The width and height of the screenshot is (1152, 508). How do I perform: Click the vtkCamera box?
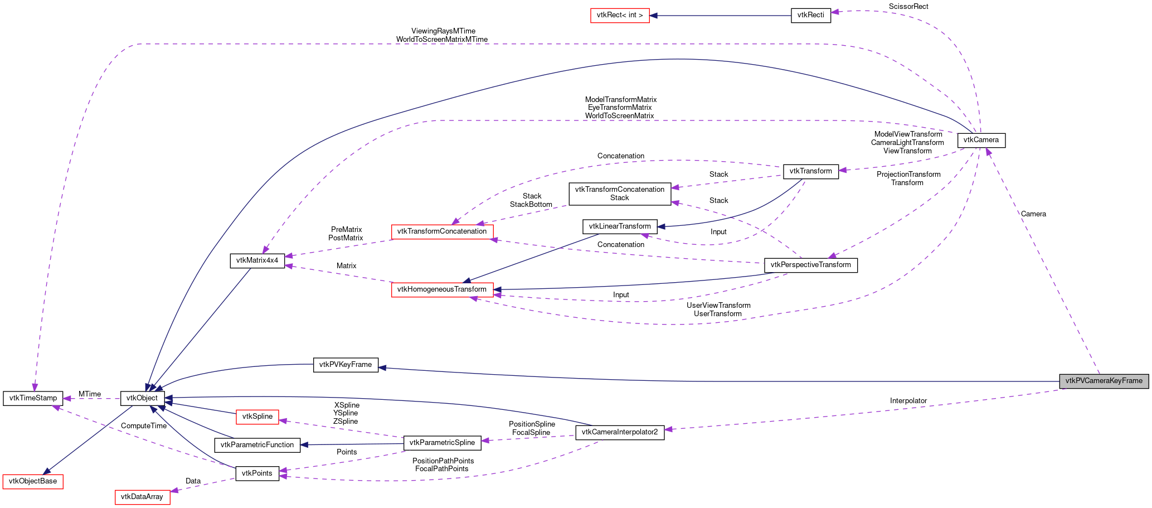click(x=981, y=140)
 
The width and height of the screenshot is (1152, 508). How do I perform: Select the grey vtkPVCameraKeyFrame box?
click(x=1104, y=381)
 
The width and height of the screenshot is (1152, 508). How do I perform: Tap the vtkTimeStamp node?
click(x=33, y=398)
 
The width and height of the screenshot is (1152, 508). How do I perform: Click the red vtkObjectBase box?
click(x=33, y=481)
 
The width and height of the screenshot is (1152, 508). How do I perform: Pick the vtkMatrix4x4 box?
click(x=257, y=260)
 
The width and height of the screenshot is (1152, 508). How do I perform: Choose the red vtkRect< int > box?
click(x=619, y=15)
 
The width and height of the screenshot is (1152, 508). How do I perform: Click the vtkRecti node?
click(x=810, y=15)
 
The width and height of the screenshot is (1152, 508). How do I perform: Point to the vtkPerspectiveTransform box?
click(x=810, y=265)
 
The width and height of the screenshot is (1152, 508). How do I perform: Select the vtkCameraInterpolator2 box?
click(x=619, y=432)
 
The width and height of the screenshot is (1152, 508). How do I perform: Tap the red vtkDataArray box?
click(x=142, y=497)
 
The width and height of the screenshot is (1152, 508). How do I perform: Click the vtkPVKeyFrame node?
click(x=346, y=365)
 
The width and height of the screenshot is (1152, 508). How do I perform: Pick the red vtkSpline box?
click(x=257, y=417)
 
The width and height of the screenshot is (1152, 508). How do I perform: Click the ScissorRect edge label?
click(x=908, y=7)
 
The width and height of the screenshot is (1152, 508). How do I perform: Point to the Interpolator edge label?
click(x=908, y=401)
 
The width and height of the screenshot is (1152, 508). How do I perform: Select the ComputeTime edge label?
click(x=143, y=426)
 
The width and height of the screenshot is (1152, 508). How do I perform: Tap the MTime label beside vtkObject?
click(x=90, y=394)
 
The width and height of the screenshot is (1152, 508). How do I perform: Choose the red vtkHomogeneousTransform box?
click(x=442, y=289)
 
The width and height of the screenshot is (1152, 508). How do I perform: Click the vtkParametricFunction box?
click(x=257, y=445)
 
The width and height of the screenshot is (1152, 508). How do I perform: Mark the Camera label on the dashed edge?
click(x=1033, y=214)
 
